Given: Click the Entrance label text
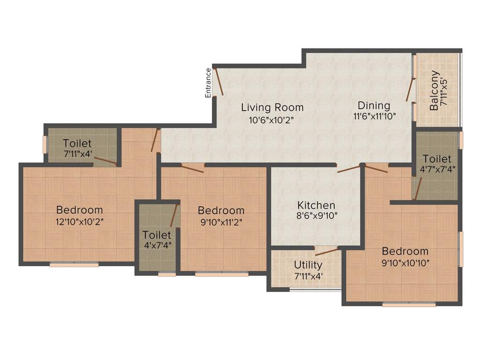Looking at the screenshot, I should (208, 83).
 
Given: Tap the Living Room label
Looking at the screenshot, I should (272, 107).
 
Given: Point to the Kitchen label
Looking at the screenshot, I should (316, 205).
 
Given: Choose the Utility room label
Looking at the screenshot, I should (308, 265).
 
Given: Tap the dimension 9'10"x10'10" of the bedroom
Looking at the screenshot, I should (405, 263).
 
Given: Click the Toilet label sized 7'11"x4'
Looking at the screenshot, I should (77, 143).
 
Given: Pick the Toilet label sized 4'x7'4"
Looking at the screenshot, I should (157, 234).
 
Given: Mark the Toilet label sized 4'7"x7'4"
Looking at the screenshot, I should (436, 159).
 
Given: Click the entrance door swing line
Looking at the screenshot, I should (219, 82).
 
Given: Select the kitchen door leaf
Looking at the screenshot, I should (349, 168).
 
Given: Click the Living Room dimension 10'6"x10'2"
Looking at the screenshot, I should (272, 119).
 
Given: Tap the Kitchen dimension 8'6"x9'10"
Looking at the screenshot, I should (316, 216).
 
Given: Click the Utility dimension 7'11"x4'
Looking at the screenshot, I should (308, 276).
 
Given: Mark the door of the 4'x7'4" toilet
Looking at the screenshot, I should (174, 215).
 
